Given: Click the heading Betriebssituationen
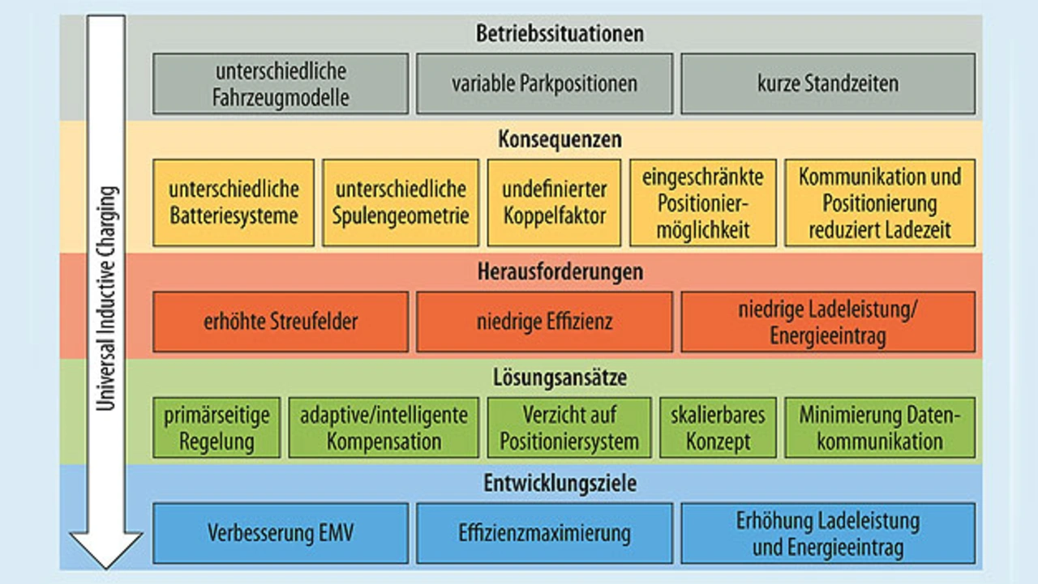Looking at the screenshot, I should (559, 34).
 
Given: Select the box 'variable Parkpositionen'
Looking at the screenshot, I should (544, 83).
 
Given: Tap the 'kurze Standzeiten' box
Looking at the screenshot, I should (827, 83).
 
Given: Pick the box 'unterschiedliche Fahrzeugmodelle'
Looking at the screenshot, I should (281, 83).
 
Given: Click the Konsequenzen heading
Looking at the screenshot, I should (560, 139).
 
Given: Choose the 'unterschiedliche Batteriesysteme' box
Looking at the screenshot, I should (234, 202).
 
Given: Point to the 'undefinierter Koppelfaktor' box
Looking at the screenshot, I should (554, 202).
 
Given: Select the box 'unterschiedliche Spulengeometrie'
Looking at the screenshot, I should (401, 202).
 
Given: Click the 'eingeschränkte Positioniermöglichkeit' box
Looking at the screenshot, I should (703, 202).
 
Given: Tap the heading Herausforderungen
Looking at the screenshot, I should (560, 271).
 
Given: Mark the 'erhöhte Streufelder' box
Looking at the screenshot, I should (281, 322).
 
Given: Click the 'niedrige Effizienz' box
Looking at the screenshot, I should (544, 322).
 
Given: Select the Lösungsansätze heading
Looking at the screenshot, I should (560, 377).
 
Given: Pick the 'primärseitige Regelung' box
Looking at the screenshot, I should (217, 428).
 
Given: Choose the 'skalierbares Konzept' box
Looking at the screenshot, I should (718, 428).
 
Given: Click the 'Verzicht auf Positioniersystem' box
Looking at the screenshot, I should (568, 428).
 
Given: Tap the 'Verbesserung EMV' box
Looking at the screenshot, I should (281, 533).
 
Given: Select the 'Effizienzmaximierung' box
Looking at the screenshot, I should (544, 533).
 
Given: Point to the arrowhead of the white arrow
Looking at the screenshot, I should (106, 548).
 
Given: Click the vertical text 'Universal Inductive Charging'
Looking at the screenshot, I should (106, 300).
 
